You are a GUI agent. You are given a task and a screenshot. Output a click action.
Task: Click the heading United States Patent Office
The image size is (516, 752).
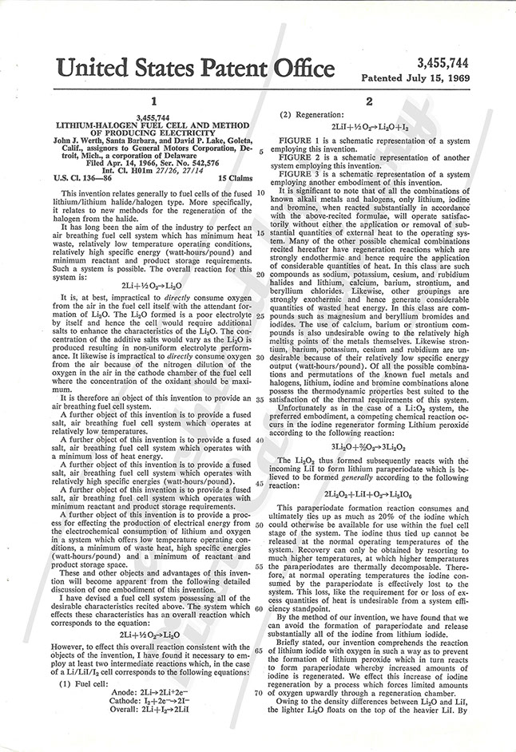point(188,66)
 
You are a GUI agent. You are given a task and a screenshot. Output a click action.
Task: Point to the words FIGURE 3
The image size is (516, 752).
point(301,172)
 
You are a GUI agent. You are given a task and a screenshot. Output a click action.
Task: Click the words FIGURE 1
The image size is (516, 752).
point(301,139)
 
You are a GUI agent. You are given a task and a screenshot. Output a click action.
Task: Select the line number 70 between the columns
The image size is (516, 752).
point(261,671)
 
